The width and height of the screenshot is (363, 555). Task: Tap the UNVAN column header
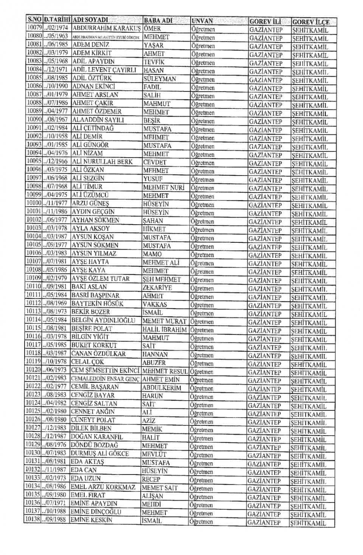202,21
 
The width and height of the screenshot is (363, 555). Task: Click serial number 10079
34,28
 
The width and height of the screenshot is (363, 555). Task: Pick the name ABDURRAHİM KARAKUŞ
106,28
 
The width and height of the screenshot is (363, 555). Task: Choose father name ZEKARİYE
157,287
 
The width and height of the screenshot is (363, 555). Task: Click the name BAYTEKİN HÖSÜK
97,304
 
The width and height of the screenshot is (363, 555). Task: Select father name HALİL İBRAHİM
165,329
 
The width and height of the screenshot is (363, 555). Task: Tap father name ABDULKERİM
161,387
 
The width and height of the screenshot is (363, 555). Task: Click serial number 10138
33,520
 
